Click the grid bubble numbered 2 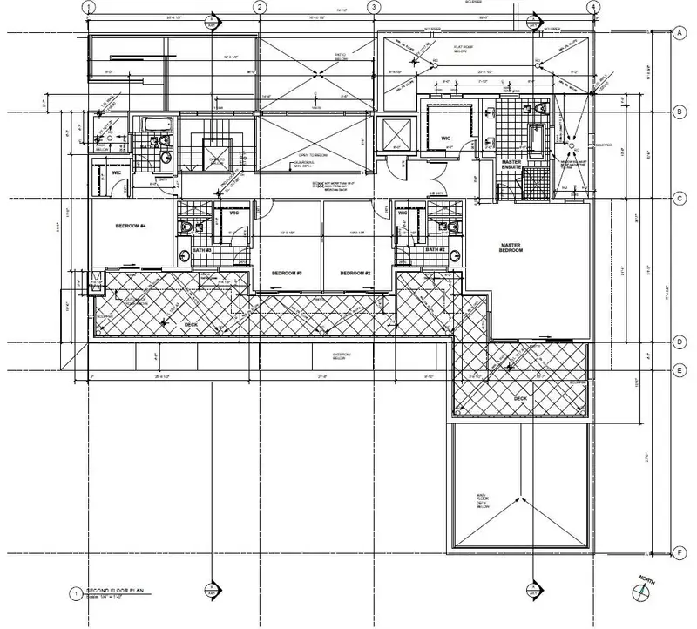[x=259, y=7]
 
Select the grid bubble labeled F [x=678, y=551]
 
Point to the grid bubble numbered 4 [x=592, y=7]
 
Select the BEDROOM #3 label [x=286, y=273]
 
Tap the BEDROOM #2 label [x=355, y=273]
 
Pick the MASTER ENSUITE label [x=512, y=166]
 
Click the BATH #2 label [x=436, y=250]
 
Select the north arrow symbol [x=642, y=592]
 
